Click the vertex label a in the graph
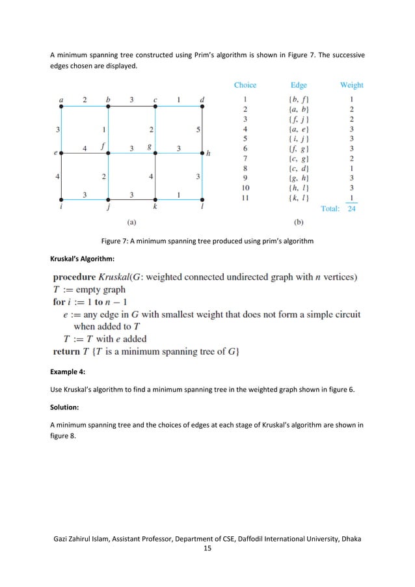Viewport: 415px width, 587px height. point(61,100)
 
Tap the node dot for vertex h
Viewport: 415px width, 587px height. point(202,154)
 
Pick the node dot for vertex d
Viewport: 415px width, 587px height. point(202,109)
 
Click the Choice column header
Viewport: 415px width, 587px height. point(245,85)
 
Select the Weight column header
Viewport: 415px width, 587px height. point(351,85)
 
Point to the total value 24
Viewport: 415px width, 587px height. point(351,209)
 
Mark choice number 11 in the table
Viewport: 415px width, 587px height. point(245,198)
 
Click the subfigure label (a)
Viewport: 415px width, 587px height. point(131,221)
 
